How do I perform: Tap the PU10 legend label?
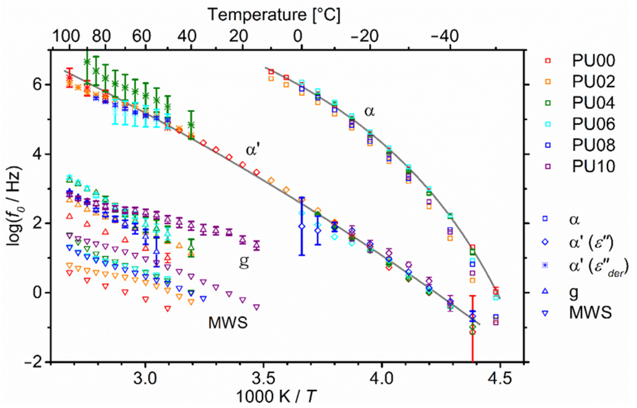pos(593,167)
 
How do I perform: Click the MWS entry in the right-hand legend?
pos(590,312)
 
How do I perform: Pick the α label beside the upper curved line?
pos(370,111)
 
